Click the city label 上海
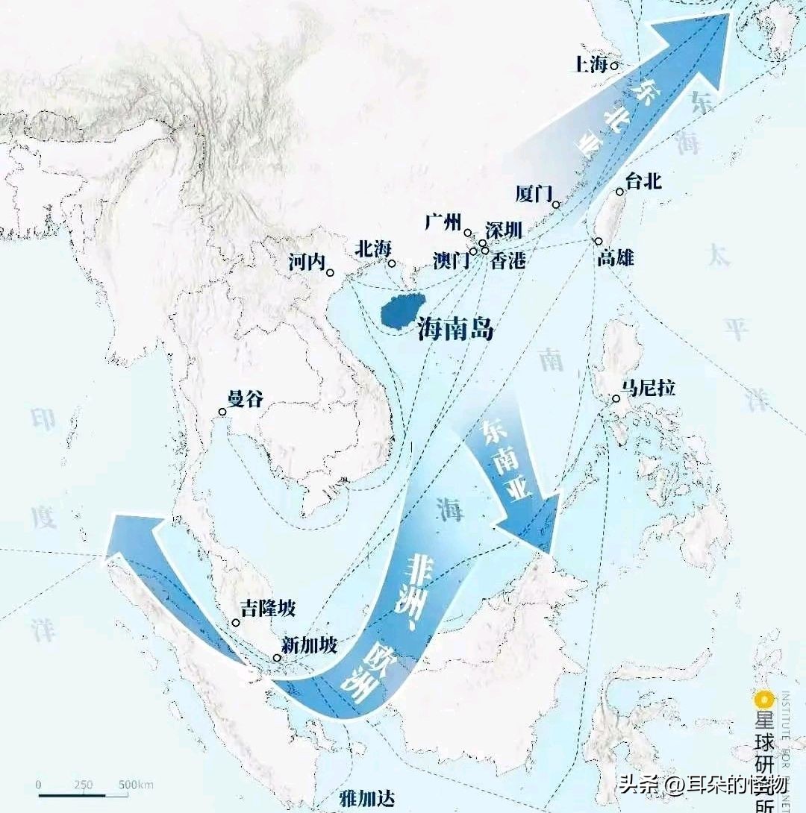(x=589, y=64)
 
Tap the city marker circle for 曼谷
(x=222, y=412)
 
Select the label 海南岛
(x=456, y=329)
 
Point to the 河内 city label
(x=307, y=262)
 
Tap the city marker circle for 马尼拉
(x=616, y=399)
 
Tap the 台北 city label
(x=644, y=181)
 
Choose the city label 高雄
(x=616, y=259)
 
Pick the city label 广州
(x=444, y=222)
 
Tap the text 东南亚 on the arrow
(x=507, y=459)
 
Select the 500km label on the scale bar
(x=136, y=785)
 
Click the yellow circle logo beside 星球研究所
(x=763, y=700)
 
